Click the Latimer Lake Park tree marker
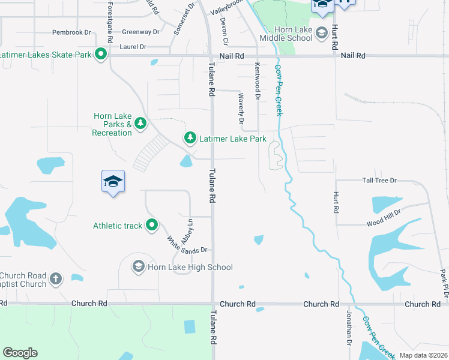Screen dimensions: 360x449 pos(190,138)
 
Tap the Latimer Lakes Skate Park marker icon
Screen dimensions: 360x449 pos(101,54)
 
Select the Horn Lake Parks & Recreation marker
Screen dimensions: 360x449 pos(140,124)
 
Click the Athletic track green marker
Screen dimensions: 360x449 pos(152,226)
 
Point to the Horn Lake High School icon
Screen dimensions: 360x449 pos(139,266)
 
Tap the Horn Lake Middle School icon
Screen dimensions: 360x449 pos(321,32)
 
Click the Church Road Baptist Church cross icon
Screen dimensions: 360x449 pos(56,278)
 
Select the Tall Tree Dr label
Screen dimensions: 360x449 pos(379,180)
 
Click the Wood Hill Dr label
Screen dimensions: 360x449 pos(384,223)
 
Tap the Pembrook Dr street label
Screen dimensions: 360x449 pos(71,32)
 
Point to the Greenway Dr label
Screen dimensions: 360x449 pos(140,32)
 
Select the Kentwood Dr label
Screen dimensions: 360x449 pos(258,81)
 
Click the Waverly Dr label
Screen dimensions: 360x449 pos(241,111)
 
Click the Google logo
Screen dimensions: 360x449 pos(20,353)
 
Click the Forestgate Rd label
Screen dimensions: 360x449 pos(110,22)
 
